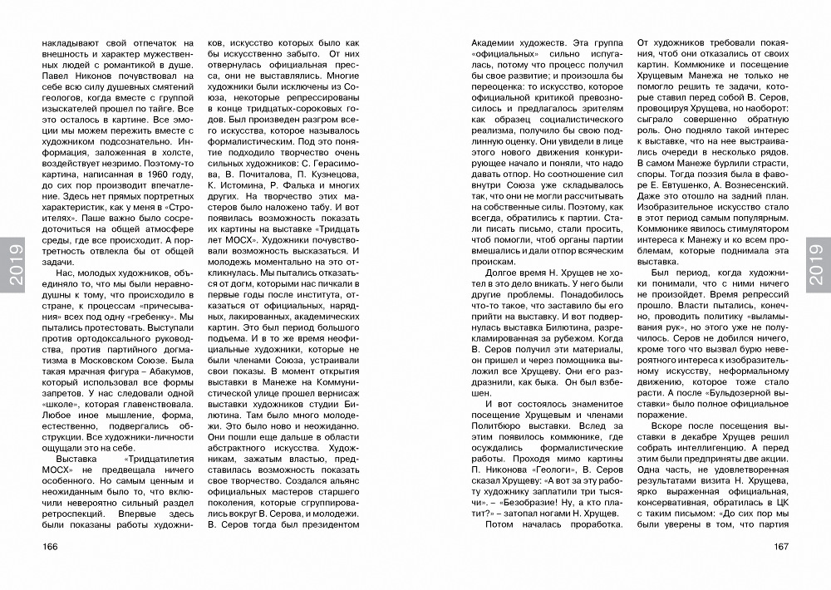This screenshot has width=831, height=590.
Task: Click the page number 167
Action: (779, 547)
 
